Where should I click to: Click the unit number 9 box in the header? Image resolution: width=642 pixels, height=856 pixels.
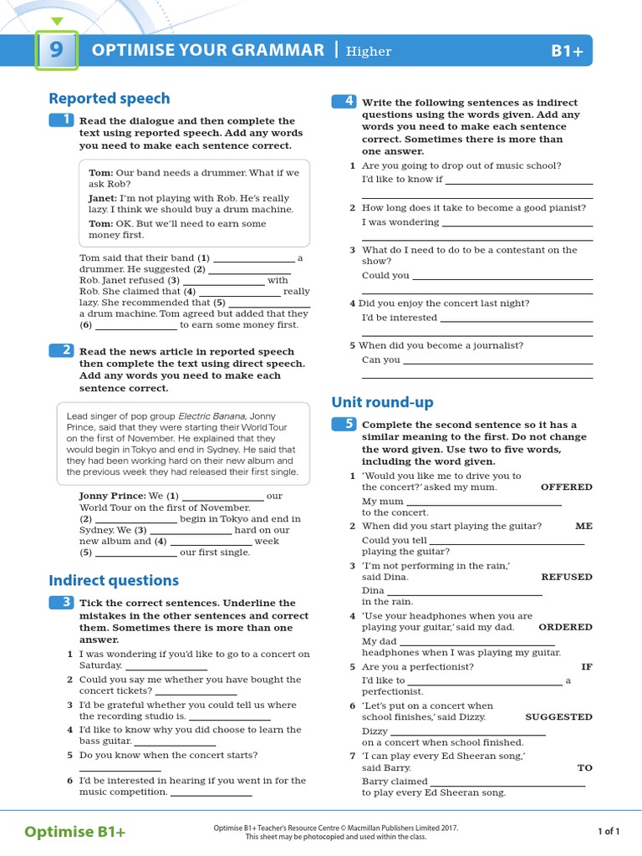(56, 50)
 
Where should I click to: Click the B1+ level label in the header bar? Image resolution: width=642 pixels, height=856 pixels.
(566, 51)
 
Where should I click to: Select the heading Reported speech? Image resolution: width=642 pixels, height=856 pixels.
(109, 98)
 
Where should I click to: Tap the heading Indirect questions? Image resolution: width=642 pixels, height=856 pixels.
(114, 580)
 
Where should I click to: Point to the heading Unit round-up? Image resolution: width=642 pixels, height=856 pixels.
(382, 402)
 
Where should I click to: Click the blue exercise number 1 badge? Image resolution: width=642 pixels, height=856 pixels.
(62, 120)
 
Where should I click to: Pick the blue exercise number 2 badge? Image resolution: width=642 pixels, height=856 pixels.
(62, 351)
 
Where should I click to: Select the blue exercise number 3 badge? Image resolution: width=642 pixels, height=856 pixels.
(62, 602)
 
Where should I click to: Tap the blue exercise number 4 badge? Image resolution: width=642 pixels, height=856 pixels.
(344, 102)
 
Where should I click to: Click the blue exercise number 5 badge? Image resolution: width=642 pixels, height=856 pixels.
(344, 424)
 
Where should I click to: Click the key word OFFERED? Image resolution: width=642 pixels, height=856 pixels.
(566, 487)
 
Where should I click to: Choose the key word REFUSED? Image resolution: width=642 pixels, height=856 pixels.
(566, 577)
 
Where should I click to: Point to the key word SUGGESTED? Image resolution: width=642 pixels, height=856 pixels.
(558, 717)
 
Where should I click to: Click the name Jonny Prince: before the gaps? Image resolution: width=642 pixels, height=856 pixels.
(113, 496)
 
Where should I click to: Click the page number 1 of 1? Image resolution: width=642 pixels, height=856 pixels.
(609, 831)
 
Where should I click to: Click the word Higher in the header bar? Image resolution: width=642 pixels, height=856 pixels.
(369, 52)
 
